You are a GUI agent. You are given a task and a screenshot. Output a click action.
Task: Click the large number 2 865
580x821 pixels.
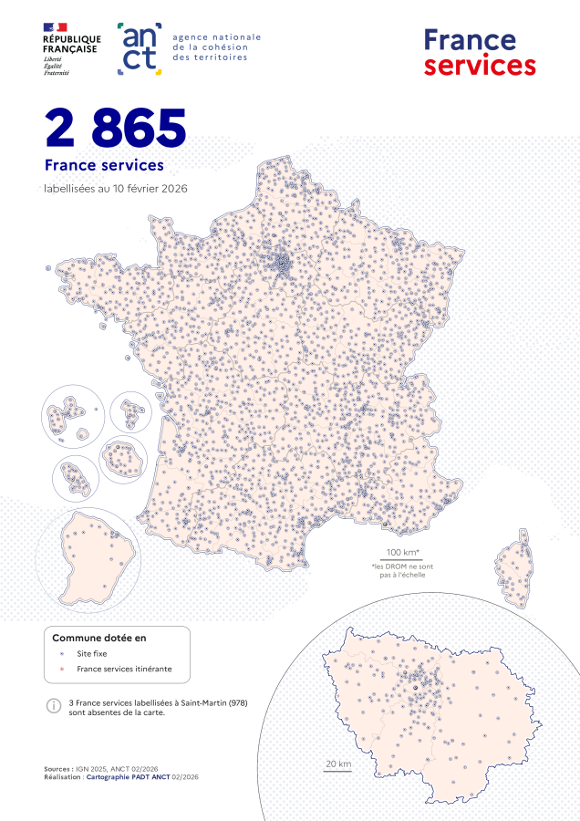116,129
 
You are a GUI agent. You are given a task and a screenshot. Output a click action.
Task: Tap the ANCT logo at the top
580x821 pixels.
140,48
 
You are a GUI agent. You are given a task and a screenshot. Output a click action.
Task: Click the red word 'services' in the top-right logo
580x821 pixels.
480,66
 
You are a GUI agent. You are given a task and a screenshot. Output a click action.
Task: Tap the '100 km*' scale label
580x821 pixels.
401,553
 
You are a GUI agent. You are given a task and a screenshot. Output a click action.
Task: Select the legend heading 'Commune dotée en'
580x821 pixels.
99,638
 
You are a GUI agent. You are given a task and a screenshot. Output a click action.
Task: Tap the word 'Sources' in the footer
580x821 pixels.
57,769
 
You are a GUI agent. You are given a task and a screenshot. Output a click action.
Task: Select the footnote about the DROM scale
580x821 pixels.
401,570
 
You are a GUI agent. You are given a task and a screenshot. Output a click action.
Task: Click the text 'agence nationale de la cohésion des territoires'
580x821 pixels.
217,47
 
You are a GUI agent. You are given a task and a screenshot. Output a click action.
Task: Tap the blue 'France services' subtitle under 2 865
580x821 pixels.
104,165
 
